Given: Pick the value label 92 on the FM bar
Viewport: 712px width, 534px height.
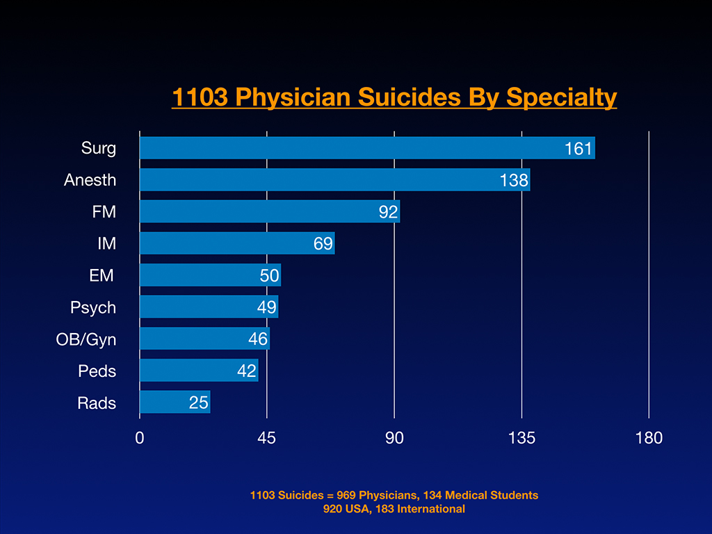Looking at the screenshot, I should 388,212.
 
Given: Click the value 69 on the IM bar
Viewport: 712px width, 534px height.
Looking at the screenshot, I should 323,244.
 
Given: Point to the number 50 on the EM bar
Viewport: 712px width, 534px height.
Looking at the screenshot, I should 269,275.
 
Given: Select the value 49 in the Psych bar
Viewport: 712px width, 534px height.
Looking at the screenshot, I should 267,307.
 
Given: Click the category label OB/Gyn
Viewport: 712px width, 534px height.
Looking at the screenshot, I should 86,339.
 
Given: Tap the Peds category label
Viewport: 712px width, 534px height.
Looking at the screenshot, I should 97,371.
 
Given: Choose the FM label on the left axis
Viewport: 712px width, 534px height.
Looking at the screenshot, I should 104,212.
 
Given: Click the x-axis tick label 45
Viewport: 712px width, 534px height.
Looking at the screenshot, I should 267,438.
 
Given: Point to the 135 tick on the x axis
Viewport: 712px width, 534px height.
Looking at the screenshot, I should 521,438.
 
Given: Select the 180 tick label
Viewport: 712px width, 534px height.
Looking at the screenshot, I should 649,438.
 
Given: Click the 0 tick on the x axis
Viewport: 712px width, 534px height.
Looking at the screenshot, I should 140,438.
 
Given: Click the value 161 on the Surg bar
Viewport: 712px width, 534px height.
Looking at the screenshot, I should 578,148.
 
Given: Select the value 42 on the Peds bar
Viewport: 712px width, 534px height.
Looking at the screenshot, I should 247,371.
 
